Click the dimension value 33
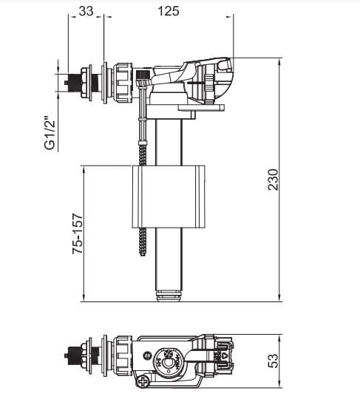click(x=86, y=11)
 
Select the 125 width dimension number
click(x=168, y=11)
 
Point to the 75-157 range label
click(x=76, y=235)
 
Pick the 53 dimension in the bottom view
click(x=273, y=360)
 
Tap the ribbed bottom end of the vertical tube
click(x=169, y=296)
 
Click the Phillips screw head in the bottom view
click(x=142, y=382)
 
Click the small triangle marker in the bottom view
click(x=223, y=362)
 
